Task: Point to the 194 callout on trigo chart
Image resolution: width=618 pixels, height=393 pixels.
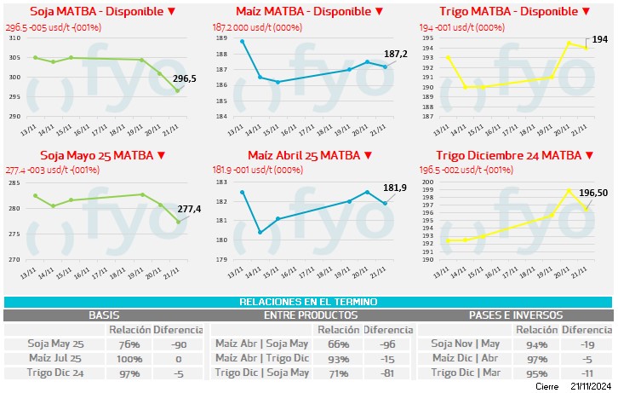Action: [599, 39]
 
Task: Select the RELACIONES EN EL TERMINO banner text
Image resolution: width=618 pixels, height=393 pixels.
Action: [308, 302]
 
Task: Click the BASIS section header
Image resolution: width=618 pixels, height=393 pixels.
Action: [105, 315]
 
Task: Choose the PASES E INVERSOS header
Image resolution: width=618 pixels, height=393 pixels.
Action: [515, 315]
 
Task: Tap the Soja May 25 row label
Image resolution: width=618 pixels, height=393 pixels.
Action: [54, 344]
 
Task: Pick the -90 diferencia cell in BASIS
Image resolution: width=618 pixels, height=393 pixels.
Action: [178, 344]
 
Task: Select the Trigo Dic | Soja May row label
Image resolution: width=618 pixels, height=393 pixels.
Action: [262, 373]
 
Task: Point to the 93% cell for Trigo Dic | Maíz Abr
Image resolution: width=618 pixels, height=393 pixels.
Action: [338, 359]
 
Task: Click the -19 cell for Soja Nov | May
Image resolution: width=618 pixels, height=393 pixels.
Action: [587, 344]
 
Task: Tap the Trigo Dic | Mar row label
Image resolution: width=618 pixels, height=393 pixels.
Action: [464, 373]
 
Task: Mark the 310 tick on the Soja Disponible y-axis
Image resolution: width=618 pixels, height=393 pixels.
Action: [14, 38]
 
